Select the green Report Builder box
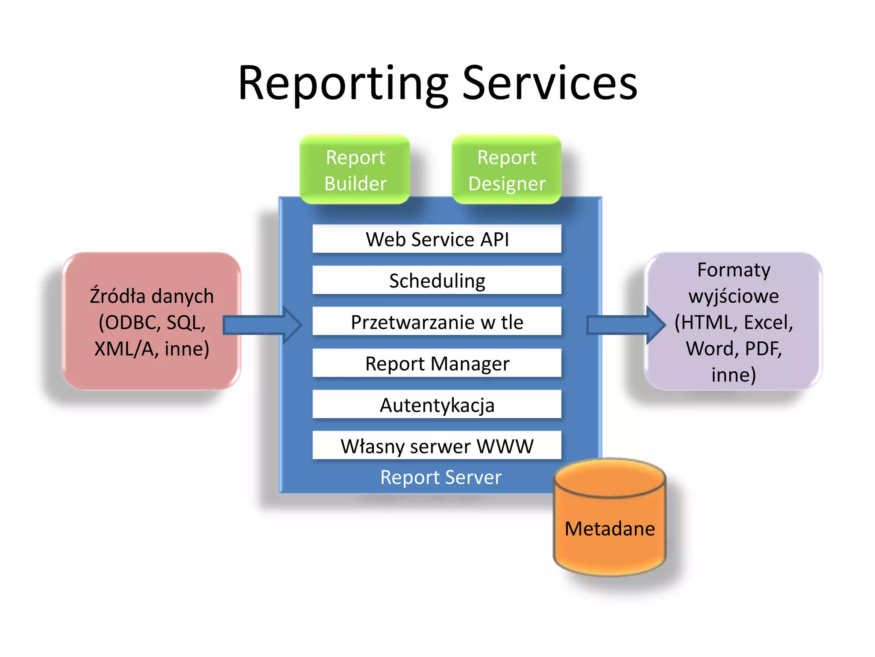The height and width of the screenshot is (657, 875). (x=355, y=170)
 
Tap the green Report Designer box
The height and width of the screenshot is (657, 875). (x=507, y=170)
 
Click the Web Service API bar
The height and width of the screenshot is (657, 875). (x=437, y=239)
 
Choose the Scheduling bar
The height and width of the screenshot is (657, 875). (x=437, y=281)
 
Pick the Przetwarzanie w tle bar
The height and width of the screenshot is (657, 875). (x=437, y=322)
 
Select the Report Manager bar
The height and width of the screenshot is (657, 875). (x=437, y=363)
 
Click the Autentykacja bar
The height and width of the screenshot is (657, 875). (x=437, y=405)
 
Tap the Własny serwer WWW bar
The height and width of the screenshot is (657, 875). (x=437, y=446)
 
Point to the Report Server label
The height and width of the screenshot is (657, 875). (x=440, y=477)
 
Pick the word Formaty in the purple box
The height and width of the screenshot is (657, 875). (x=734, y=270)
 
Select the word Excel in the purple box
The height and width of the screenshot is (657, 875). (x=768, y=323)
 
